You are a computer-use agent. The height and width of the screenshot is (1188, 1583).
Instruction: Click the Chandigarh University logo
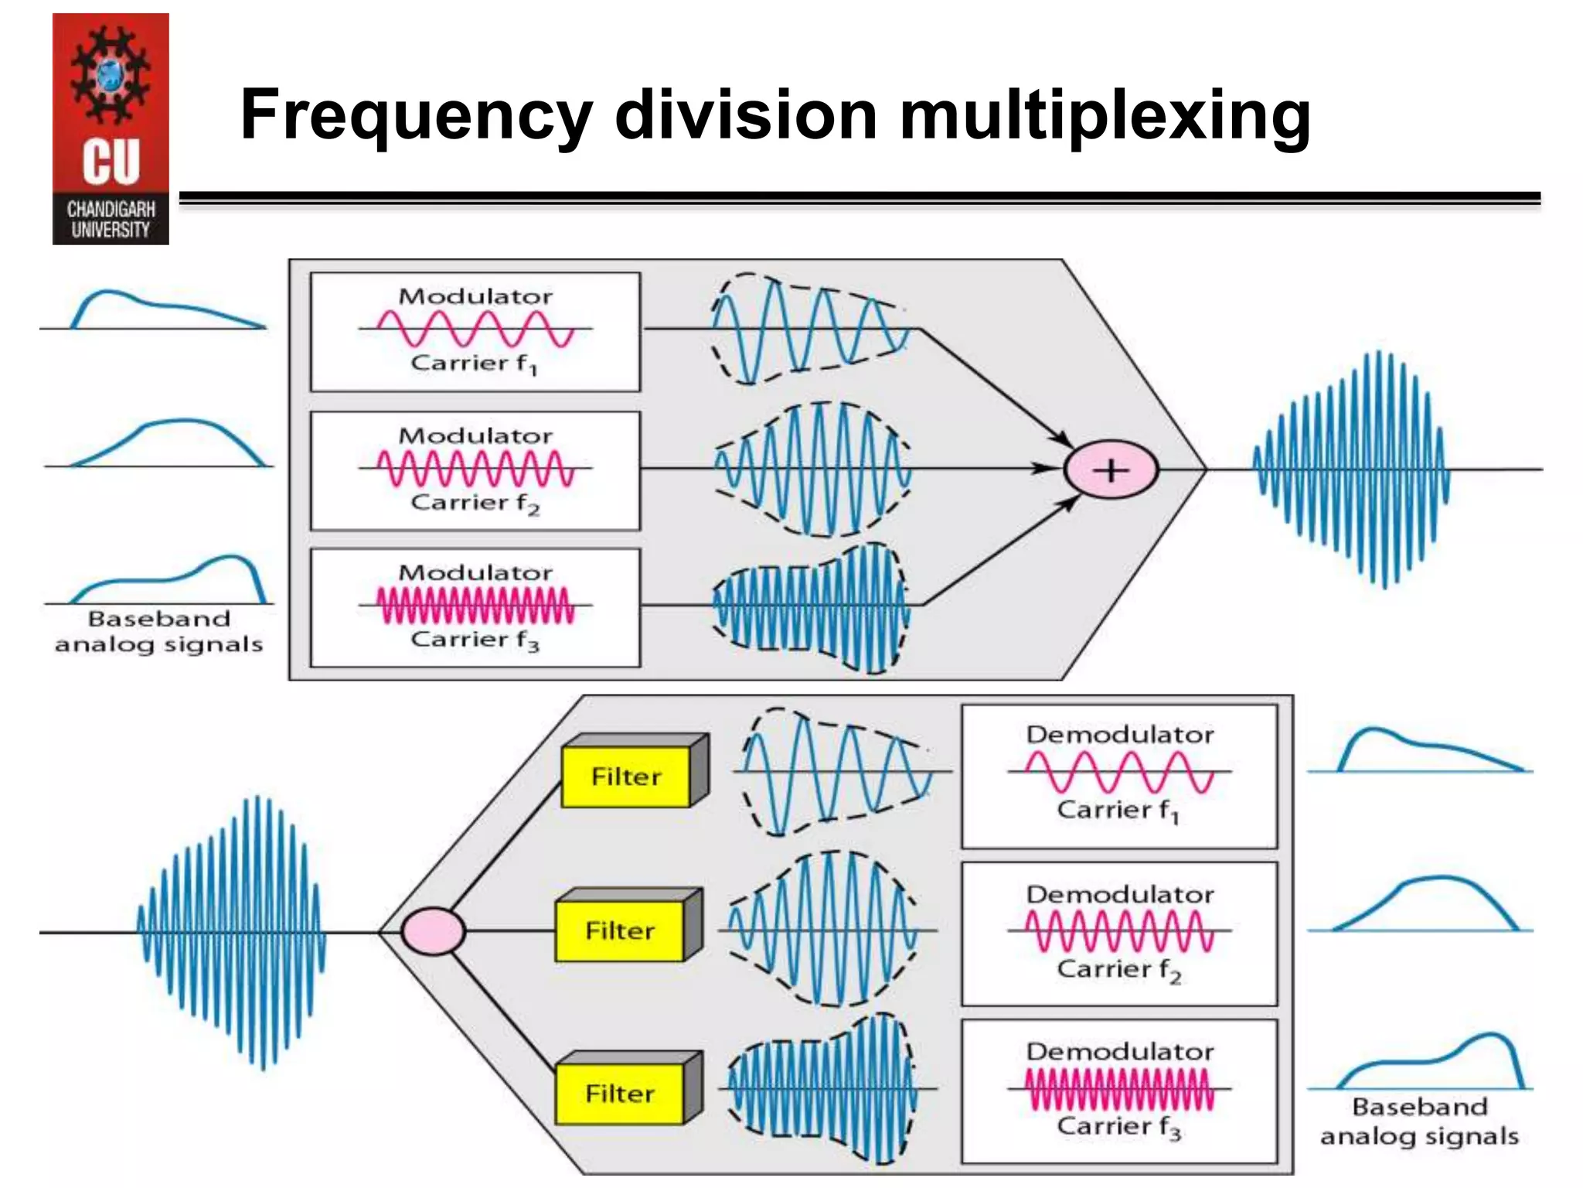(x=111, y=128)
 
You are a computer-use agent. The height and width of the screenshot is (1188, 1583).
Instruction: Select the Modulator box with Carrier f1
(x=475, y=331)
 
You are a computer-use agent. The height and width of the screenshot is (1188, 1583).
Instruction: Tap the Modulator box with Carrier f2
(x=475, y=470)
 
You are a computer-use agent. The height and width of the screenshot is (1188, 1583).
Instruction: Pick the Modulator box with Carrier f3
(x=475, y=607)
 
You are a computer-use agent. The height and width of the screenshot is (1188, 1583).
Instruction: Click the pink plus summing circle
(x=1111, y=469)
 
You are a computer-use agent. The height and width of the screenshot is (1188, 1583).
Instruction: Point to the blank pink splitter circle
(x=433, y=931)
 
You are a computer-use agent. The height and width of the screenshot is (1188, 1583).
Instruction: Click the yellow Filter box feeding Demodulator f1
(x=625, y=777)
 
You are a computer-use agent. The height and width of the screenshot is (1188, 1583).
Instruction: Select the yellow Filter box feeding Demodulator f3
(x=620, y=1094)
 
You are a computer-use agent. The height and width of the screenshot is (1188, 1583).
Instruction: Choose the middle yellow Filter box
(x=620, y=930)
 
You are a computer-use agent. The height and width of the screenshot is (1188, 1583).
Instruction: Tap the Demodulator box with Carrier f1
(x=1118, y=776)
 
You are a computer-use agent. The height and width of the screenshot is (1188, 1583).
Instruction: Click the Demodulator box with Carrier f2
(x=1118, y=934)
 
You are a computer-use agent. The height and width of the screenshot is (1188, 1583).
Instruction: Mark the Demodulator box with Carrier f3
(x=1118, y=1091)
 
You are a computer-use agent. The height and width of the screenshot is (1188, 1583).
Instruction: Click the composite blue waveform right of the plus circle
(x=1350, y=469)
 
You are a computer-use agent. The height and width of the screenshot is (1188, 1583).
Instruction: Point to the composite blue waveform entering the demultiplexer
(x=232, y=932)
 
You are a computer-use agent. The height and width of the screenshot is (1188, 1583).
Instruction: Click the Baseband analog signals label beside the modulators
(x=158, y=631)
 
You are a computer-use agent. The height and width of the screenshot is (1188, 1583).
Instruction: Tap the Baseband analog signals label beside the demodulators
(x=1419, y=1121)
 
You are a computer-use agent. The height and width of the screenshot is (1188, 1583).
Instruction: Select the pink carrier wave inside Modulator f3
(x=475, y=605)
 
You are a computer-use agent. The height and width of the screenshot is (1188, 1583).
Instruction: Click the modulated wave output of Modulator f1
(x=808, y=329)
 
